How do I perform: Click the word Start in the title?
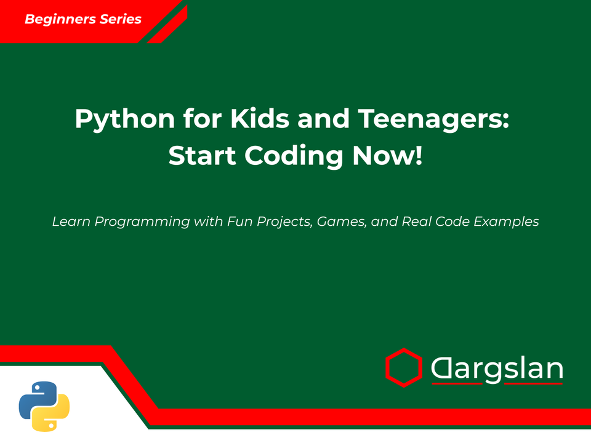click(x=203, y=155)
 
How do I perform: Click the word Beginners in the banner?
click(x=60, y=19)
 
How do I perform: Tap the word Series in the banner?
click(x=119, y=19)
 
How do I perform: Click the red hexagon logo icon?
click(x=403, y=367)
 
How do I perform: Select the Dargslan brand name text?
click(x=497, y=369)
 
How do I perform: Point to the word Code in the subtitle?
click(x=453, y=221)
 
